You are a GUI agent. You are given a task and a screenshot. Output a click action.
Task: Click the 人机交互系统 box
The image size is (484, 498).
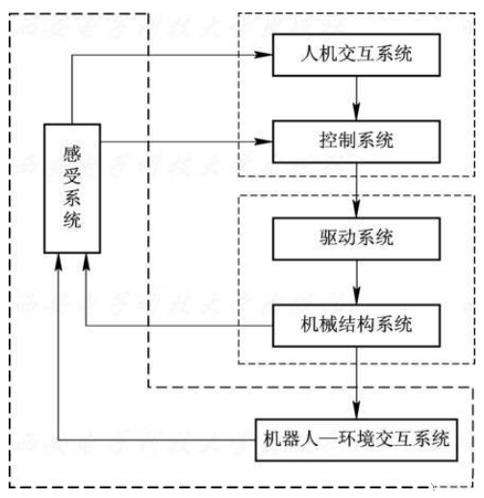(x=357, y=55)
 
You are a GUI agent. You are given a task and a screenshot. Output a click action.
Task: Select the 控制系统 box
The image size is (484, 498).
(x=357, y=142)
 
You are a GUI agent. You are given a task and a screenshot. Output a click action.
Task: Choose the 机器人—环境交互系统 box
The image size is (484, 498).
(x=356, y=440)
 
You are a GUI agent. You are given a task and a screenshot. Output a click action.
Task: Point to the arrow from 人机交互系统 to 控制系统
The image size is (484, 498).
(x=357, y=99)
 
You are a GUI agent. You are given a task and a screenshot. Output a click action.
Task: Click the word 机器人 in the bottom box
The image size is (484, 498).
(x=293, y=440)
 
